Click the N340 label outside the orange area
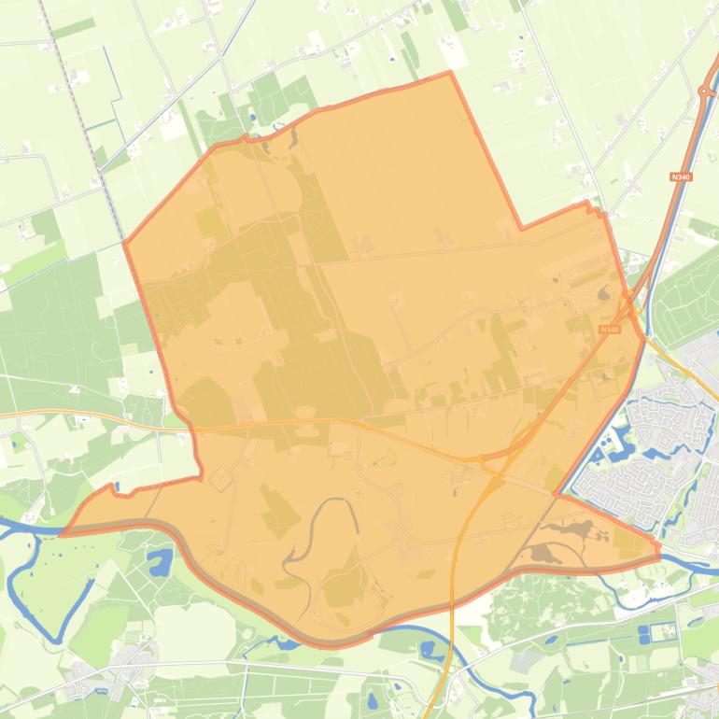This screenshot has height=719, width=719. pyautogui.click(x=680, y=176)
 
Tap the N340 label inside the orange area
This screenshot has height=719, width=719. pyautogui.click(x=610, y=330)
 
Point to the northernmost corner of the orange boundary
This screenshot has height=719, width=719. pyautogui.click(x=450, y=72)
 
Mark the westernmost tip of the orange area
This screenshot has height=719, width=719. pyautogui.click(x=62, y=534)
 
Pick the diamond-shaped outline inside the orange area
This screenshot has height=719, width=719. pyautogui.click(x=220, y=480)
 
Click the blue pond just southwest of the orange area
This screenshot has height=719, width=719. pyautogui.click(x=160, y=563)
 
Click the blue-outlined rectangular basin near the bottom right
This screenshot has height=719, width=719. pyautogui.click(x=644, y=633)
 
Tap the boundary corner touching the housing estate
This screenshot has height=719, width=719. pyautogui.click(x=557, y=493)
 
